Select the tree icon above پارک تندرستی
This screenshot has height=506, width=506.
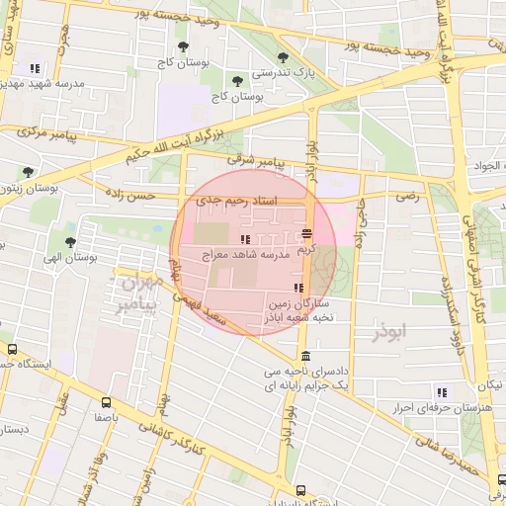point(284,57)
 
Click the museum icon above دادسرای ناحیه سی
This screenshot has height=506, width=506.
point(304,357)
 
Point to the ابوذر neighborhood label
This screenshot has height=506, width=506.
point(388,329)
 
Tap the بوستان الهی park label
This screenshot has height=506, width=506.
point(67,255)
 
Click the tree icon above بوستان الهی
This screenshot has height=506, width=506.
point(69,241)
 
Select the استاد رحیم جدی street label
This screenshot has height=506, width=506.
point(237,202)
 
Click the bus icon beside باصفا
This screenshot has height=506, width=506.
point(106,402)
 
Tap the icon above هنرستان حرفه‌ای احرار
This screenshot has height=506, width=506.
point(441,392)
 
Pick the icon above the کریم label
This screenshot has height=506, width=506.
point(306,234)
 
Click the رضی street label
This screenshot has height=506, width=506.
point(407,198)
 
